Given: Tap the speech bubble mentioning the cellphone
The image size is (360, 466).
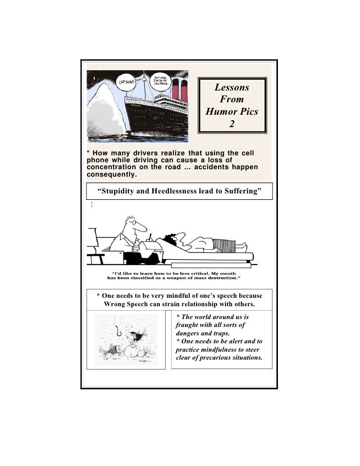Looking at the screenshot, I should pyautogui.click(x=160, y=81).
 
